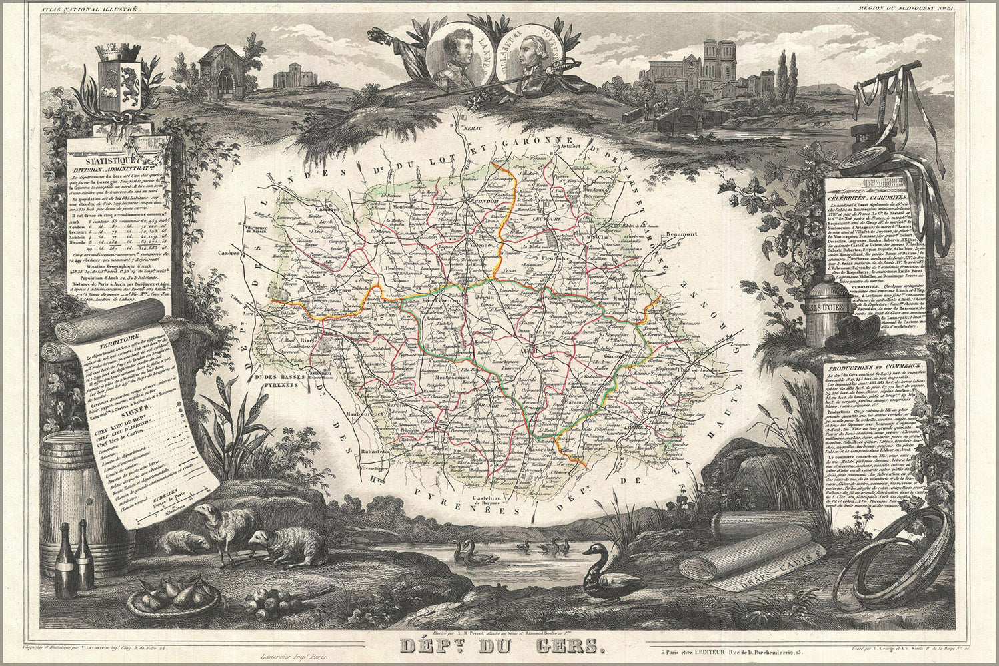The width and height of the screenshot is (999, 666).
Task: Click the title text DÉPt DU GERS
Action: [500, 645]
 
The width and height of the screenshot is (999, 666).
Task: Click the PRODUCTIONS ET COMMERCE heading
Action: [873, 367]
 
